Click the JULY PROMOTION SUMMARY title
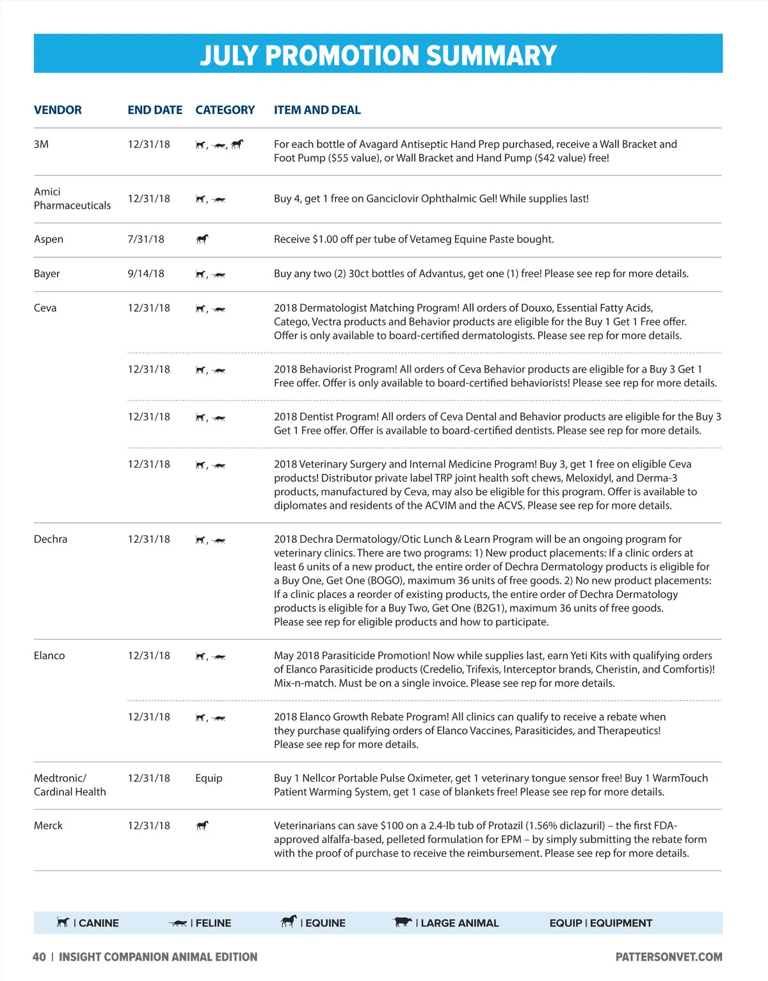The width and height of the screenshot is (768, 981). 378,55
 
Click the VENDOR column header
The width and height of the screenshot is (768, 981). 58,110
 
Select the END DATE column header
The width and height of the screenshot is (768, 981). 155,110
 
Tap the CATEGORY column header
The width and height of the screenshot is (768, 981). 225,110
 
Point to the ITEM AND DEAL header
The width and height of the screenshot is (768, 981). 317,110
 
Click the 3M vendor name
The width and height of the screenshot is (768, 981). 41,145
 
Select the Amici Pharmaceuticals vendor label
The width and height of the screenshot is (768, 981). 72,198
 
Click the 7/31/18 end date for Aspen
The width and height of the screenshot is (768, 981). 146,239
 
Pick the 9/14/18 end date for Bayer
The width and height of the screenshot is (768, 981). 146,274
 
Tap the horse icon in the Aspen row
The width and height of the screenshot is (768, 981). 202,239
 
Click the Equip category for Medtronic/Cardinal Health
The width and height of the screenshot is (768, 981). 209,778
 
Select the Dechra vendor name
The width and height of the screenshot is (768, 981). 51,539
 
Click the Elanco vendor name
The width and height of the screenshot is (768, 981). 49,656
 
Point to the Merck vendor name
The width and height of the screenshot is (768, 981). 48,825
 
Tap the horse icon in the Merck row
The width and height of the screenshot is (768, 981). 202,825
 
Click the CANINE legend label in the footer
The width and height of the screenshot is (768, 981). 99,923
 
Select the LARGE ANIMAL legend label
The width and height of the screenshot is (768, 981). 459,923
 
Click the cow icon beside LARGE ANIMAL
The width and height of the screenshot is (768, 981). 403,922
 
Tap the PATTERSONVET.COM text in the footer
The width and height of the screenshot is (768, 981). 669,957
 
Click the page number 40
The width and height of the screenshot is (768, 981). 39,957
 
